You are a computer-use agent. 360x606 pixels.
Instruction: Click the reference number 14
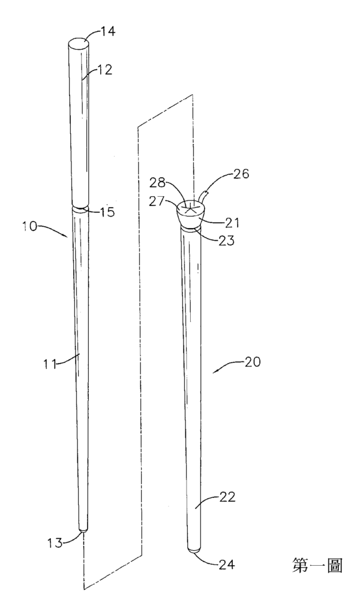tap(108, 31)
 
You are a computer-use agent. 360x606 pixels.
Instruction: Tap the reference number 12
tap(104, 70)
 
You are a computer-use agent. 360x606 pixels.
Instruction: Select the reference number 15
tap(107, 212)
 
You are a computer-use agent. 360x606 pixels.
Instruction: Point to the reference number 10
tap(29, 226)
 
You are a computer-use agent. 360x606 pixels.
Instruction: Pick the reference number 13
tap(55, 542)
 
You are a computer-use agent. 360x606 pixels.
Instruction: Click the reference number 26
tap(241, 174)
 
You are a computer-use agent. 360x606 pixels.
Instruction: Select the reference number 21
tap(232, 223)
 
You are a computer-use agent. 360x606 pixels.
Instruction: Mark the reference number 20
tap(253, 362)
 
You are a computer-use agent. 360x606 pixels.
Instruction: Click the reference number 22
tap(227, 497)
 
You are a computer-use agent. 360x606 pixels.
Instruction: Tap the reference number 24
tap(227, 564)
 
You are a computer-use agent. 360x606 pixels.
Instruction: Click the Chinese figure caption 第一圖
tap(316, 565)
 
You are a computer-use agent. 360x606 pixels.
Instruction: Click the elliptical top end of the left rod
tap(79, 43)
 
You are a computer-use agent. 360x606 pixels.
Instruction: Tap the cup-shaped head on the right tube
tap(191, 215)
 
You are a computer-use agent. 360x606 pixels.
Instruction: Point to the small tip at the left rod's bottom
tap(82, 532)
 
